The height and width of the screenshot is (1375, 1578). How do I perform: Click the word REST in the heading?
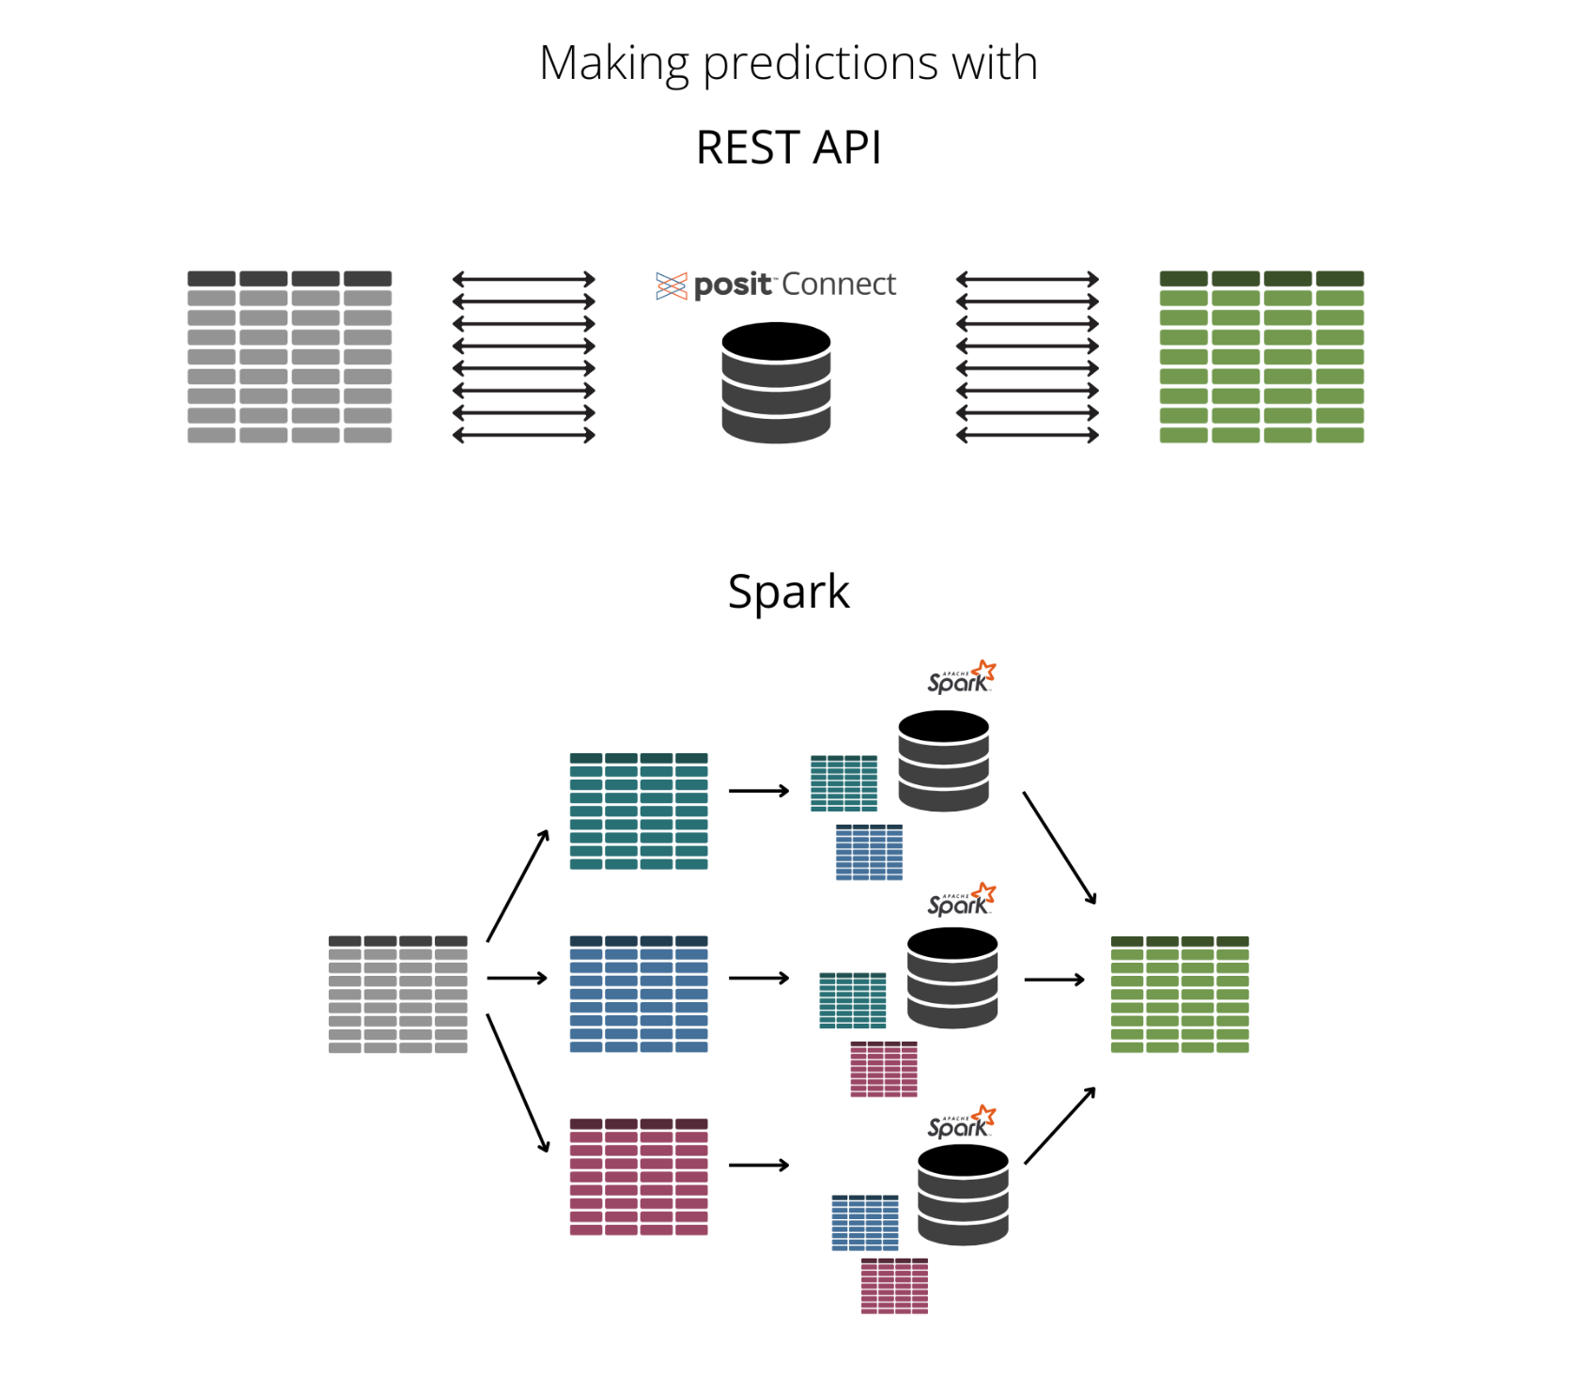click(748, 148)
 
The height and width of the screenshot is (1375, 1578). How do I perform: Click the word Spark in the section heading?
click(788, 593)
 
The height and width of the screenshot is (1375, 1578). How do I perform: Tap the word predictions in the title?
click(820, 64)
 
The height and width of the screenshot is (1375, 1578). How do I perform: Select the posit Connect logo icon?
click(672, 286)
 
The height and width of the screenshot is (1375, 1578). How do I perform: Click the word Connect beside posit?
click(839, 285)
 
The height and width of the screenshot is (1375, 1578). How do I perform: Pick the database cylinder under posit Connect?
click(776, 382)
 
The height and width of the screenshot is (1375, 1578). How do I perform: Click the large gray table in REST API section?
click(289, 357)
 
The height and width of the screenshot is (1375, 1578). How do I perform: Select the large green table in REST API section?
click(1261, 357)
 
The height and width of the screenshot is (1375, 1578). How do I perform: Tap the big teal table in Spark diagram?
click(639, 811)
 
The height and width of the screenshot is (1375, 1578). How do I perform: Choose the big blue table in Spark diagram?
click(639, 994)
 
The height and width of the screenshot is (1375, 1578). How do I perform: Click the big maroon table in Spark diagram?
click(639, 1176)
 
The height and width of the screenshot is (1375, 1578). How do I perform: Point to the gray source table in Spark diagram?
click(397, 994)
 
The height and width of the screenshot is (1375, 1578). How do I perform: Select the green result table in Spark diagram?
click(1180, 994)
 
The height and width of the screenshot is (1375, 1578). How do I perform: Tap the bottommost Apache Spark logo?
click(961, 1123)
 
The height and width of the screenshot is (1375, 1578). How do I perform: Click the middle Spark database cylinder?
click(952, 978)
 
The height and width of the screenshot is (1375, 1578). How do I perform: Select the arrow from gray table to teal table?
click(518, 886)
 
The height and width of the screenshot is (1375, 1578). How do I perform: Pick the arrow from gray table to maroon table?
click(518, 1083)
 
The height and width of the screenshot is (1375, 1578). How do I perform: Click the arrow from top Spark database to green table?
click(1060, 848)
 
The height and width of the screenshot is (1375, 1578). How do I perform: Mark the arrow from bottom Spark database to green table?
click(1060, 1126)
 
